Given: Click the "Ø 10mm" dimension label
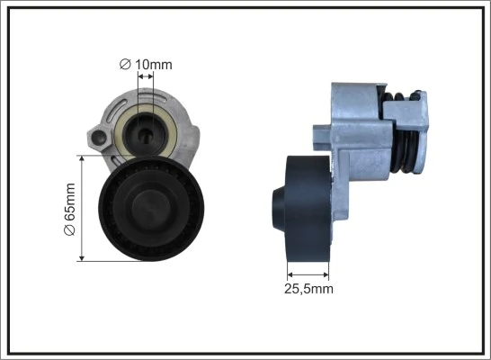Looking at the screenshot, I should (145, 64).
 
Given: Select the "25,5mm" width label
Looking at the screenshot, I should (308, 289).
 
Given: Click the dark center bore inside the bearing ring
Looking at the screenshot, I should (147, 132).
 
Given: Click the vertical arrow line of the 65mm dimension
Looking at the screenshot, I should (83, 208).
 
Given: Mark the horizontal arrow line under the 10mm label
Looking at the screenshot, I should (145, 77).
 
